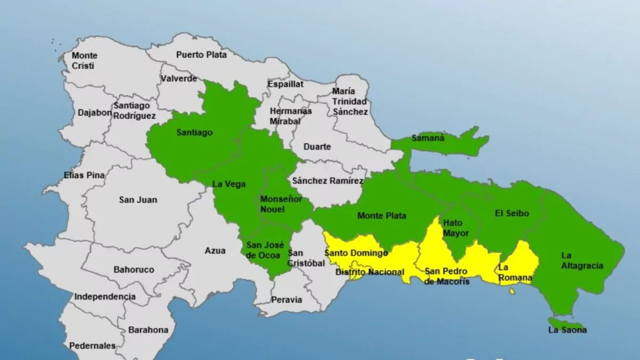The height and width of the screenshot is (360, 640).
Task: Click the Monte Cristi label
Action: point(84,60)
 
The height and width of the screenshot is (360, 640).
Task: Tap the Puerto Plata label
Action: point(201,54)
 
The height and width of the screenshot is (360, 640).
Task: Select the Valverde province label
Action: point(179,78)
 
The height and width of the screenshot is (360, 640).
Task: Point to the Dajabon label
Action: point(95,113)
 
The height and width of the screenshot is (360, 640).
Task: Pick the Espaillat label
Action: point(285,84)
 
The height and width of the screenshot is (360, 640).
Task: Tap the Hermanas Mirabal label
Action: point(291,116)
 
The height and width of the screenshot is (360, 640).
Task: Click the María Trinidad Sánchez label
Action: point(350,101)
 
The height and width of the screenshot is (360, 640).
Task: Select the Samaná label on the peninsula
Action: point(428,138)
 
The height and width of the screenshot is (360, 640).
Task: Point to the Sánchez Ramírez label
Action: point(327,181)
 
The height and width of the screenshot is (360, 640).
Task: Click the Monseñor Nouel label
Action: point(281,204)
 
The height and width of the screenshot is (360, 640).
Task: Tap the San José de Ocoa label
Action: point(265,250)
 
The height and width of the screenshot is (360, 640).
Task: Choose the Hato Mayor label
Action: point(456,228)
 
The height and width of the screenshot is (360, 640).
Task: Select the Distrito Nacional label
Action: point(370,272)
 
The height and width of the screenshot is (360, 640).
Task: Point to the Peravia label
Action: point(286,300)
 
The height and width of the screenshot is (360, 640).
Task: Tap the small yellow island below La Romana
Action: point(512,291)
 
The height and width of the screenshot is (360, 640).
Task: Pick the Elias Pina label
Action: point(84,175)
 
